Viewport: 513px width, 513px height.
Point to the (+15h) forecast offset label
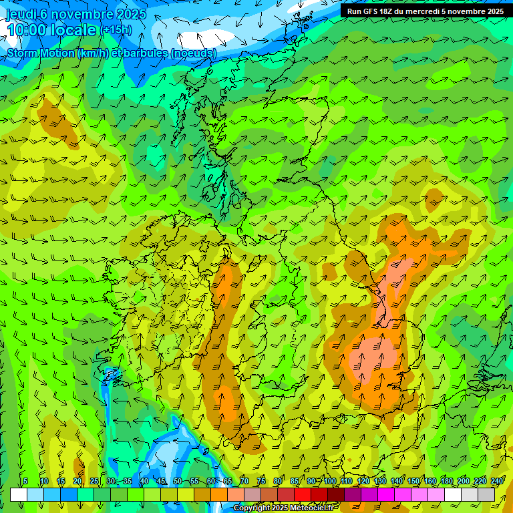pos(116,30)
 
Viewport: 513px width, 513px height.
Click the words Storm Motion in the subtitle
pos(41,53)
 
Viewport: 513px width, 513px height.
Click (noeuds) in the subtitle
pos(194,53)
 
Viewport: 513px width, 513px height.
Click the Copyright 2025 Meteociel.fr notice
pos(283,508)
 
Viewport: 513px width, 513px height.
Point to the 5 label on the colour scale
pos(25,482)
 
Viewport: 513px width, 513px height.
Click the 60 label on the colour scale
pos(211,482)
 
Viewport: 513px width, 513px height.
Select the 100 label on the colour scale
pos(330,482)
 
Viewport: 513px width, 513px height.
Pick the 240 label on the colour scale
pos(498,482)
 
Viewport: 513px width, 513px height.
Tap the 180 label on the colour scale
pos(447,482)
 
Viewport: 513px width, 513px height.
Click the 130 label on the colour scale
pos(380,482)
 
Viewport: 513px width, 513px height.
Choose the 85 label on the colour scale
pos(295,482)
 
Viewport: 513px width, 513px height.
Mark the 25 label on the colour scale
pos(94,482)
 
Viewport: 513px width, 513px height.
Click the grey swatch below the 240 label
pos(486,495)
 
